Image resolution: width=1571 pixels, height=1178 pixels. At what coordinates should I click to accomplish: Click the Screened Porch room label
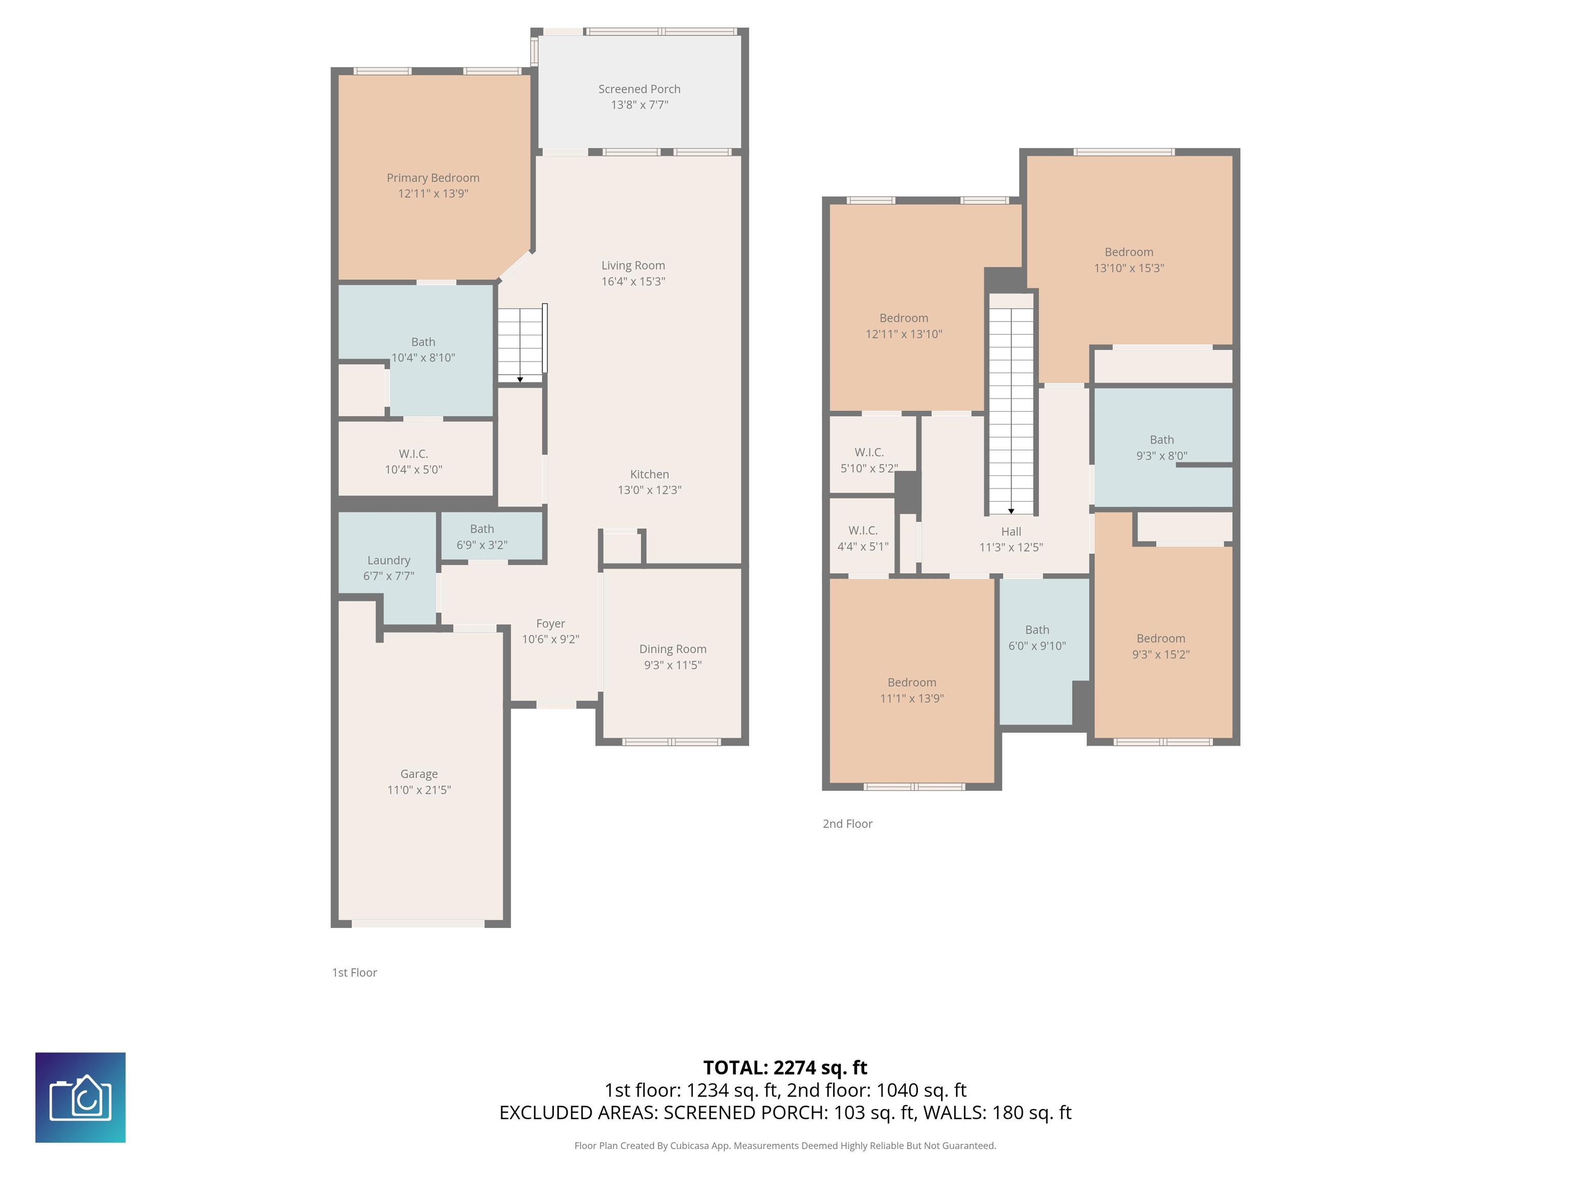tap(639, 89)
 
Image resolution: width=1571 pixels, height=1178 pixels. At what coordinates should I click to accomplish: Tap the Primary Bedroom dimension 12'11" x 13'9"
tap(433, 193)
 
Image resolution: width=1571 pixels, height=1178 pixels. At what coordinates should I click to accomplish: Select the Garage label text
tap(418, 774)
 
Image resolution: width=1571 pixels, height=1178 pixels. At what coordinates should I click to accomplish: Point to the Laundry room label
tap(389, 560)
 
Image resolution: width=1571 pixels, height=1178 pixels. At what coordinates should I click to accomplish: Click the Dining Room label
tap(672, 649)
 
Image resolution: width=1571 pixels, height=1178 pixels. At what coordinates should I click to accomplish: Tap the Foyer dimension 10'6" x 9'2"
tap(550, 639)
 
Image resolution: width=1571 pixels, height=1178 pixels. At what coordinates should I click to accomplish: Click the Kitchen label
tap(649, 474)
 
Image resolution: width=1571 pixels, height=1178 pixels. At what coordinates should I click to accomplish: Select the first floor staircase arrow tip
tap(520, 380)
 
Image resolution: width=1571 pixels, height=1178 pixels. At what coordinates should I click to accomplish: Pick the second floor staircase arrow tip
tap(1011, 511)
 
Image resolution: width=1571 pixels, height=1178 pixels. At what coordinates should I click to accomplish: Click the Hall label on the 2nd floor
tap(1011, 531)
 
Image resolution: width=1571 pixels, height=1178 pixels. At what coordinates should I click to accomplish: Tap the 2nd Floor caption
tap(847, 824)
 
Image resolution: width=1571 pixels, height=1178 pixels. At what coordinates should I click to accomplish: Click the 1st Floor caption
tap(354, 973)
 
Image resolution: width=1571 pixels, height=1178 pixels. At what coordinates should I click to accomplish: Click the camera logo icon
tap(80, 1097)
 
